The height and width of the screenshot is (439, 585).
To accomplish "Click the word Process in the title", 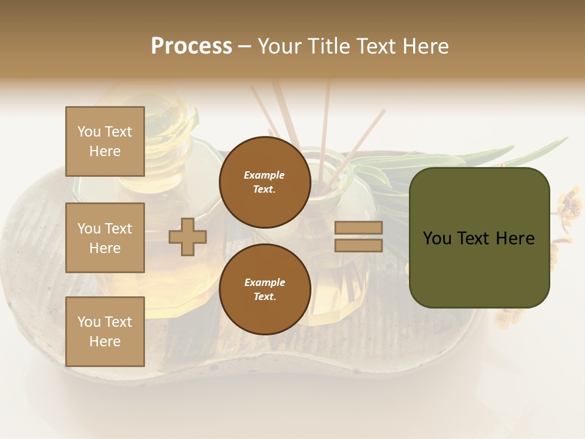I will tap(191, 46).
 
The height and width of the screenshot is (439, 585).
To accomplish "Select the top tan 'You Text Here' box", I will tap(105, 141).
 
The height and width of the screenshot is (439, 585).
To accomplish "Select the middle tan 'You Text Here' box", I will tap(105, 238).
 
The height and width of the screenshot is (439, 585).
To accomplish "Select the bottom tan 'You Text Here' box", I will tap(105, 332).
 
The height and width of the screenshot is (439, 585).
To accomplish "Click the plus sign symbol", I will tap(188, 237).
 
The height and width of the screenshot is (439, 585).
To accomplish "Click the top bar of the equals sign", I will tap(358, 227).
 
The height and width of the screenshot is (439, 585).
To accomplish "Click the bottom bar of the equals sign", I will tap(358, 246).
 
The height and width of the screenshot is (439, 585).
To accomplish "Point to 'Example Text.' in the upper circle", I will tap(264, 182).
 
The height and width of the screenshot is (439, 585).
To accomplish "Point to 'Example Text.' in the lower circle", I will tap(264, 290).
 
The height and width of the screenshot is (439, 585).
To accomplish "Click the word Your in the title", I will tap(278, 46).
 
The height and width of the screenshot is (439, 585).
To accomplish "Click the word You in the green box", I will tap(437, 238).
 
